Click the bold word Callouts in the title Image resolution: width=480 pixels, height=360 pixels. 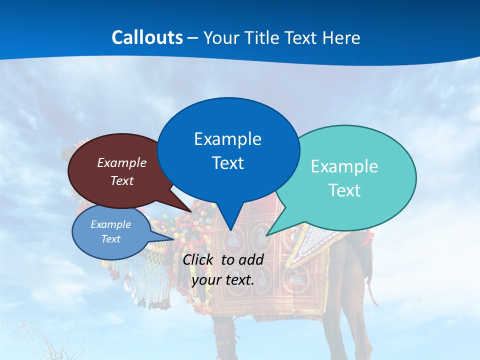[147, 38]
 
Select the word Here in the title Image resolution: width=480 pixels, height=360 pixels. [342, 38]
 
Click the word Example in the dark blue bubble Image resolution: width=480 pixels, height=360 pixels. [227, 139]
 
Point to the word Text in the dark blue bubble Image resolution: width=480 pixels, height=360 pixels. [227, 163]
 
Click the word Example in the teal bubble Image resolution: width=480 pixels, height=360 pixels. [344, 166]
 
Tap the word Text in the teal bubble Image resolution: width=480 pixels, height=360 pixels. [344, 190]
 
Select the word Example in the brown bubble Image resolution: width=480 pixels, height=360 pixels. [121, 163]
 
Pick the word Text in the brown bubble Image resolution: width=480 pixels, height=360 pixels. [121, 181]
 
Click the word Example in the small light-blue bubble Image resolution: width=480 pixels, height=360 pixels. [110, 224]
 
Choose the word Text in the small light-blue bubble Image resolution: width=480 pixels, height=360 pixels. [110, 239]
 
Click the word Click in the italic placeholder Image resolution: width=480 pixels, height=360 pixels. [199, 259]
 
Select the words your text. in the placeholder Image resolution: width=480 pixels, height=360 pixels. [222, 280]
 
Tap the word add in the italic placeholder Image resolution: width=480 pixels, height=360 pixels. [251, 259]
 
